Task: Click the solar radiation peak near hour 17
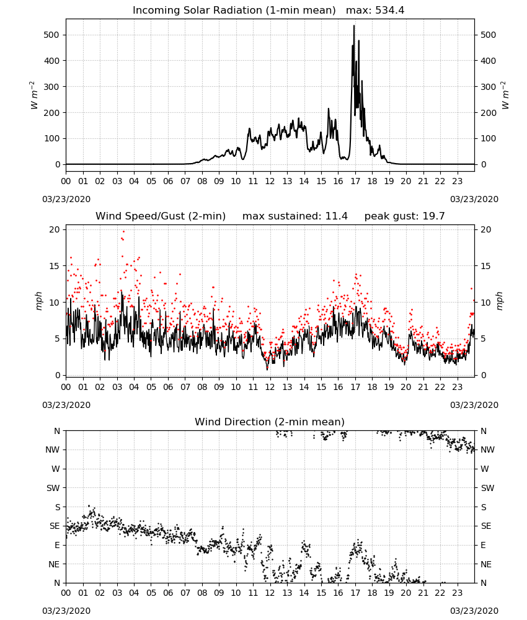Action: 354,25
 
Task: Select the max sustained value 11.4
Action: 337,216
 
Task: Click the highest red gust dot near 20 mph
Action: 124,232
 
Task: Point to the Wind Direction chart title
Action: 270,422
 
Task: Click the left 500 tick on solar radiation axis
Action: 51,35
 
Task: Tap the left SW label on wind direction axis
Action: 53,488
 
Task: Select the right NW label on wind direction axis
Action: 487,449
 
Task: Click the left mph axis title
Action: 38,301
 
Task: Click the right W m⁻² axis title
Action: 505,95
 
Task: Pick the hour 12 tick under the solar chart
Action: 270,181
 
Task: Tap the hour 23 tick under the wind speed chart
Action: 457,387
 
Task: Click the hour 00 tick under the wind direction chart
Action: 66,593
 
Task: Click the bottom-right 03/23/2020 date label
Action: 474,611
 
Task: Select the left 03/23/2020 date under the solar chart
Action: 66,199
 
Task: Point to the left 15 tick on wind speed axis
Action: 55,266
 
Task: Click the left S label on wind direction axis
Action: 57,507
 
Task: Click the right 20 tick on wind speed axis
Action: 486,230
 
